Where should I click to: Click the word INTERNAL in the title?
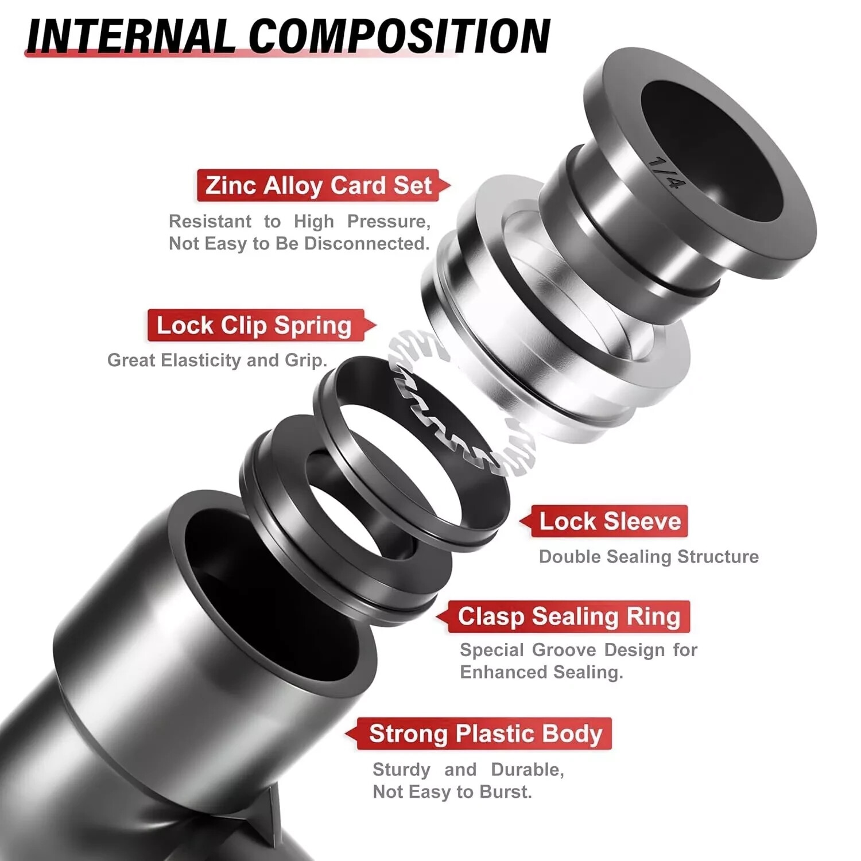(x=129, y=36)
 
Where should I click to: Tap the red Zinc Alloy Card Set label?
(x=319, y=185)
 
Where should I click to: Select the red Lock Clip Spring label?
(x=254, y=325)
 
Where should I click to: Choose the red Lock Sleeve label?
(x=610, y=521)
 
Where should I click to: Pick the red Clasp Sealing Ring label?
(x=568, y=616)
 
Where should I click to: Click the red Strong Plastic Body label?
(x=485, y=734)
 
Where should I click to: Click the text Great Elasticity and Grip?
(x=217, y=360)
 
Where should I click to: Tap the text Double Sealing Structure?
(x=649, y=557)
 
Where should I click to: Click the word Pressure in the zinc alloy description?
(x=389, y=222)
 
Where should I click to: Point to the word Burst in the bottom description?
(x=505, y=792)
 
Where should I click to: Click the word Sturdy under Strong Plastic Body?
(x=401, y=770)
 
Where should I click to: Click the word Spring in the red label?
(x=312, y=325)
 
